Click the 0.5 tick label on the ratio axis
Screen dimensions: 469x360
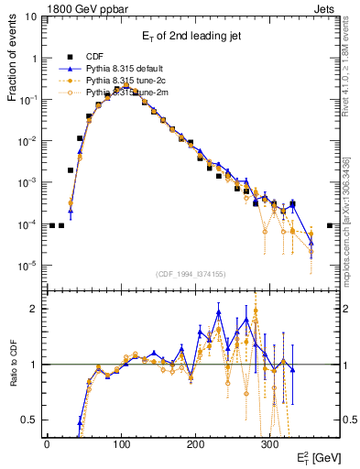pyautogui.click(x=27, y=420)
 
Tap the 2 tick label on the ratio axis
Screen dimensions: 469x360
pyautogui.click(x=32, y=309)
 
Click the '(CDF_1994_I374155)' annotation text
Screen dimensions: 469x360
pyautogui.click(x=191, y=274)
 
